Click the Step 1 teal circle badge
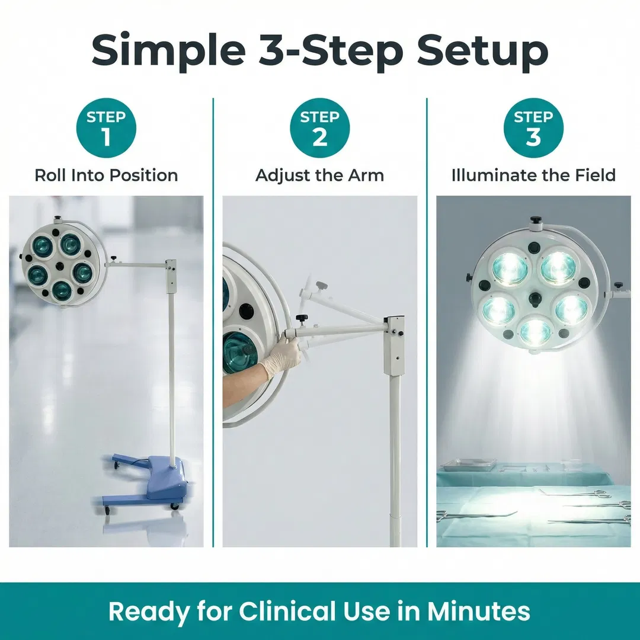[x=106, y=128]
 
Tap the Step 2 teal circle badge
[x=320, y=128]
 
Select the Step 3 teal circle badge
[x=533, y=128]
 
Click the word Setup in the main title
[x=482, y=51]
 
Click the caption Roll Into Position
[x=106, y=175]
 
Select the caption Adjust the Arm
[x=320, y=175]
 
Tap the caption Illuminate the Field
[x=533, y=175]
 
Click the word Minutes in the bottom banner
[x=479, y=612]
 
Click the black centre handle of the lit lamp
[x=535, y=299]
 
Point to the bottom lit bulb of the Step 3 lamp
[x=535, y=331]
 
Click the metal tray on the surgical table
[x=469, y=465]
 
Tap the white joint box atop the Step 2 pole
[x=394, y=345]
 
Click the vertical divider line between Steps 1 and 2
[x=213, y=322]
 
